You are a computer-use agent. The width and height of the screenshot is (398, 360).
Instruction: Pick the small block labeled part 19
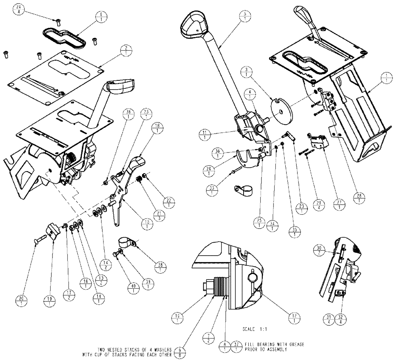(x=52, y=230)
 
